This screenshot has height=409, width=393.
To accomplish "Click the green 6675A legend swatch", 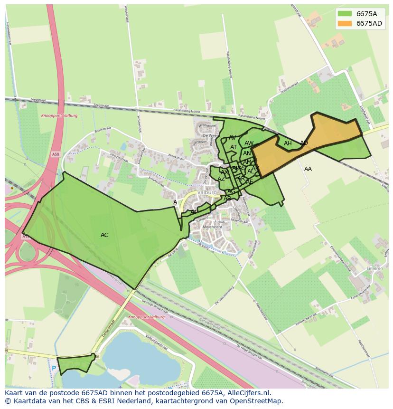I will tap(345, 14).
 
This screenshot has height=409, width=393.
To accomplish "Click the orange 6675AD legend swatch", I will tap(345, 23).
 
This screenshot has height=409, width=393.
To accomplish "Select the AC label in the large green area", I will tap(104, 235).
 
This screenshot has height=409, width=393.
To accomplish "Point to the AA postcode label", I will tap(308, 169).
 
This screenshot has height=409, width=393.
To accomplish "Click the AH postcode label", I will tap(288, 143).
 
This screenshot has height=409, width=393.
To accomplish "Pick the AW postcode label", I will tap(249, 143).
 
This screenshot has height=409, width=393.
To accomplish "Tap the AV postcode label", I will tap(233, 138).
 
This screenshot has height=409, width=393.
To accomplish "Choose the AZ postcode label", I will tap(221, 179).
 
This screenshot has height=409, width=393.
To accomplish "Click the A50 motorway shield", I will tap(56, 154).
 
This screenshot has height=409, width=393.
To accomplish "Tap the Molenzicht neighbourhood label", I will tap(212, 227).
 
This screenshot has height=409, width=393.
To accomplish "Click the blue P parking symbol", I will tap(54, 368).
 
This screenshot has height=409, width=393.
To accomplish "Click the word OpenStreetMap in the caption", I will tap(256, 401).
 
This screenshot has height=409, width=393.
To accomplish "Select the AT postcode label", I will tap(234, 147).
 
